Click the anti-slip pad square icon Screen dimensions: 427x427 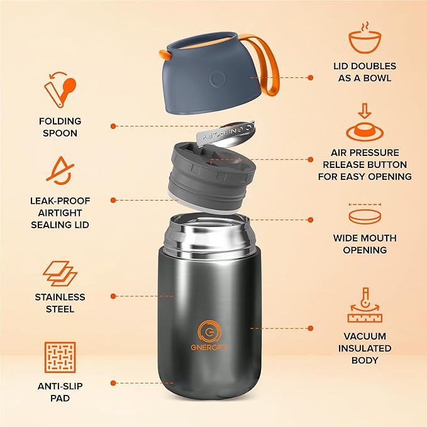pos(60,358)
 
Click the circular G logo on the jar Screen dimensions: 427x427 pos(208,331)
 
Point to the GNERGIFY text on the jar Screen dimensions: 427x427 pos(208,348)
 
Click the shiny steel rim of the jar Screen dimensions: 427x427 pos(207,236)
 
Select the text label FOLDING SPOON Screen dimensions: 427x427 pos(60,126)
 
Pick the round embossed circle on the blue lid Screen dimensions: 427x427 pos(218,79)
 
